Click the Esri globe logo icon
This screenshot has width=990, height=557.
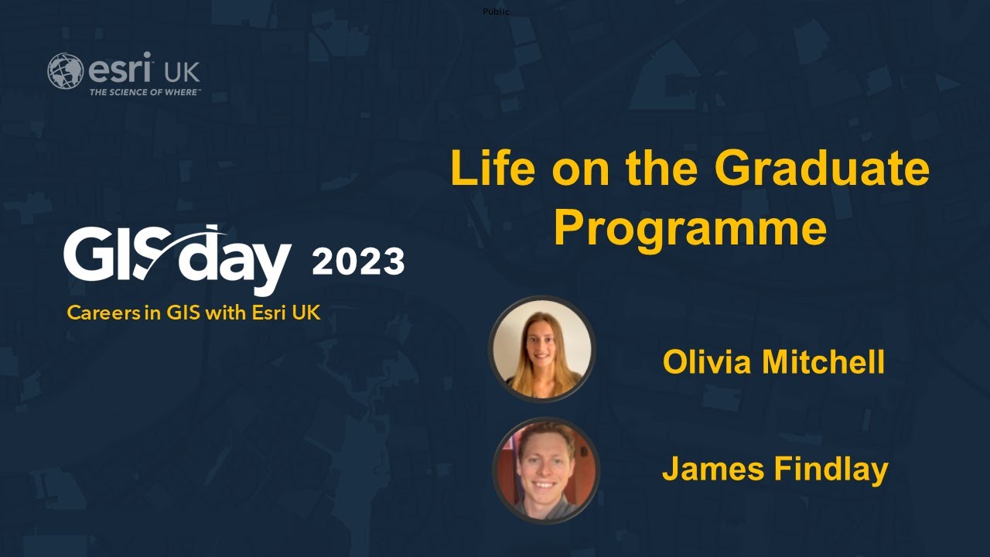[x=65, y=71]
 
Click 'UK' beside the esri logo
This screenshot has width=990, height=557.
[x=182, y=73]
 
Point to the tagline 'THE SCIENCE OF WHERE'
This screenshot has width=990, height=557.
[x=144, y=92]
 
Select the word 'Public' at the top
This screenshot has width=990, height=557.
[x=496, y=11]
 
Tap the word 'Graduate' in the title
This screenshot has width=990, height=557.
[x=821, y=168]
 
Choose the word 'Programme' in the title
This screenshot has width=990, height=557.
[x=690, y=229]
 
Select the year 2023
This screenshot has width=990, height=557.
[x=358, y=262]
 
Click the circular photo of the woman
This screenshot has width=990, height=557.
[x=541, y=349]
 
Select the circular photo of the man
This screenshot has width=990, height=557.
[x=545, y=470]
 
